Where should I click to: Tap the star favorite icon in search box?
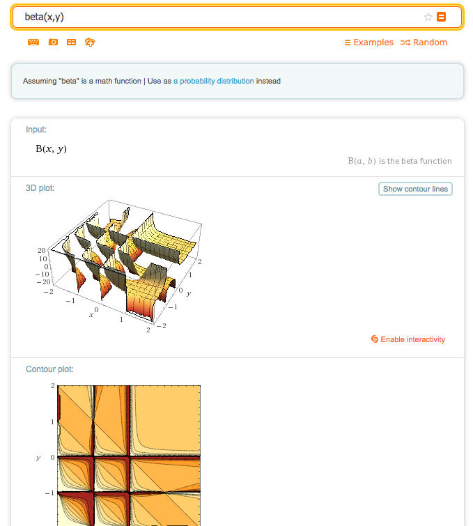(x=428, y=17)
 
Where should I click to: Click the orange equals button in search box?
(x=441, y=17)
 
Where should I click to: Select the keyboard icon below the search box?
(x=33, y=42)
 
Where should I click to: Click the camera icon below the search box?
(x=53, y=42)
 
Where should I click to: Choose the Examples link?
(x=369, y=42)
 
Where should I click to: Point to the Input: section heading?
(x=36, y=130)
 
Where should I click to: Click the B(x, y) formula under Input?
(x=51, y=148)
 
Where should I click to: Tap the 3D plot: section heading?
(x=40, y=188)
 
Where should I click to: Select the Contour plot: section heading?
(x=49, y=369)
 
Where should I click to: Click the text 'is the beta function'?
(x=415, y=161)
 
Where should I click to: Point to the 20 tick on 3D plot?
(x=41, y=249)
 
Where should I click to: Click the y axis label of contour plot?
(x=38, y=458)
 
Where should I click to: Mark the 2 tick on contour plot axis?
(x=52, y=385)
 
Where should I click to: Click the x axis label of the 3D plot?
(x=91, y=316)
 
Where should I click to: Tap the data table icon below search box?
(x=71, y=42)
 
